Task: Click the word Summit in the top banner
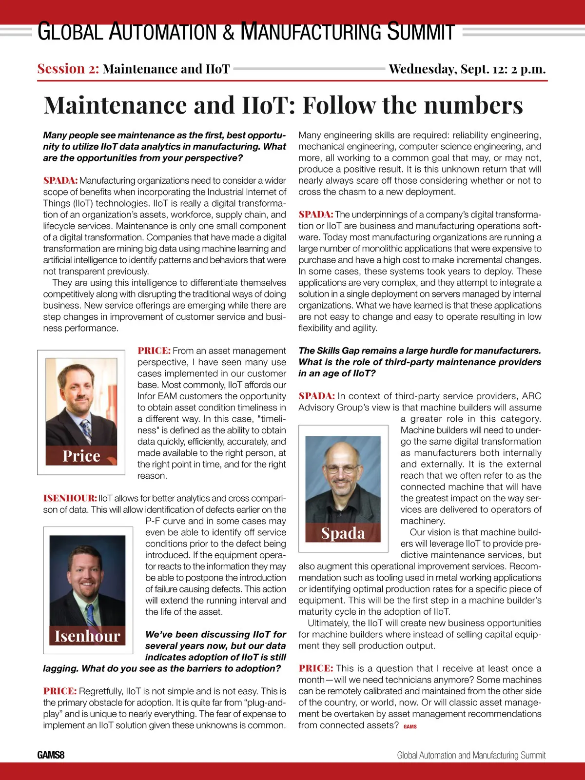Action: (x=420, y=32)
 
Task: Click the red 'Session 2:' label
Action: (x=68, y=69)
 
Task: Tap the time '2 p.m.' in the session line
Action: (x=528, y=69)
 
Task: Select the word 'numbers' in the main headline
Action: (x=468, y=105)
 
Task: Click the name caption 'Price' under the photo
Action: (x=81, y=456)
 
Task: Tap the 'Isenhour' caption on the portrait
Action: (x=87, y=636)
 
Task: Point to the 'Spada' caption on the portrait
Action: (x=343, y=533)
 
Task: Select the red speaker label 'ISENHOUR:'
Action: (x=70, y=498)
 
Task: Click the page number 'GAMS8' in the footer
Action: (x=51, y=755)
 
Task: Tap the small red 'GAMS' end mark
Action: (x=410, y=726)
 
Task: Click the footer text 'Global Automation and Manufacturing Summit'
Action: (x=471, y=755)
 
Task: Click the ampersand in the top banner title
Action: (x=228, y=32)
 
